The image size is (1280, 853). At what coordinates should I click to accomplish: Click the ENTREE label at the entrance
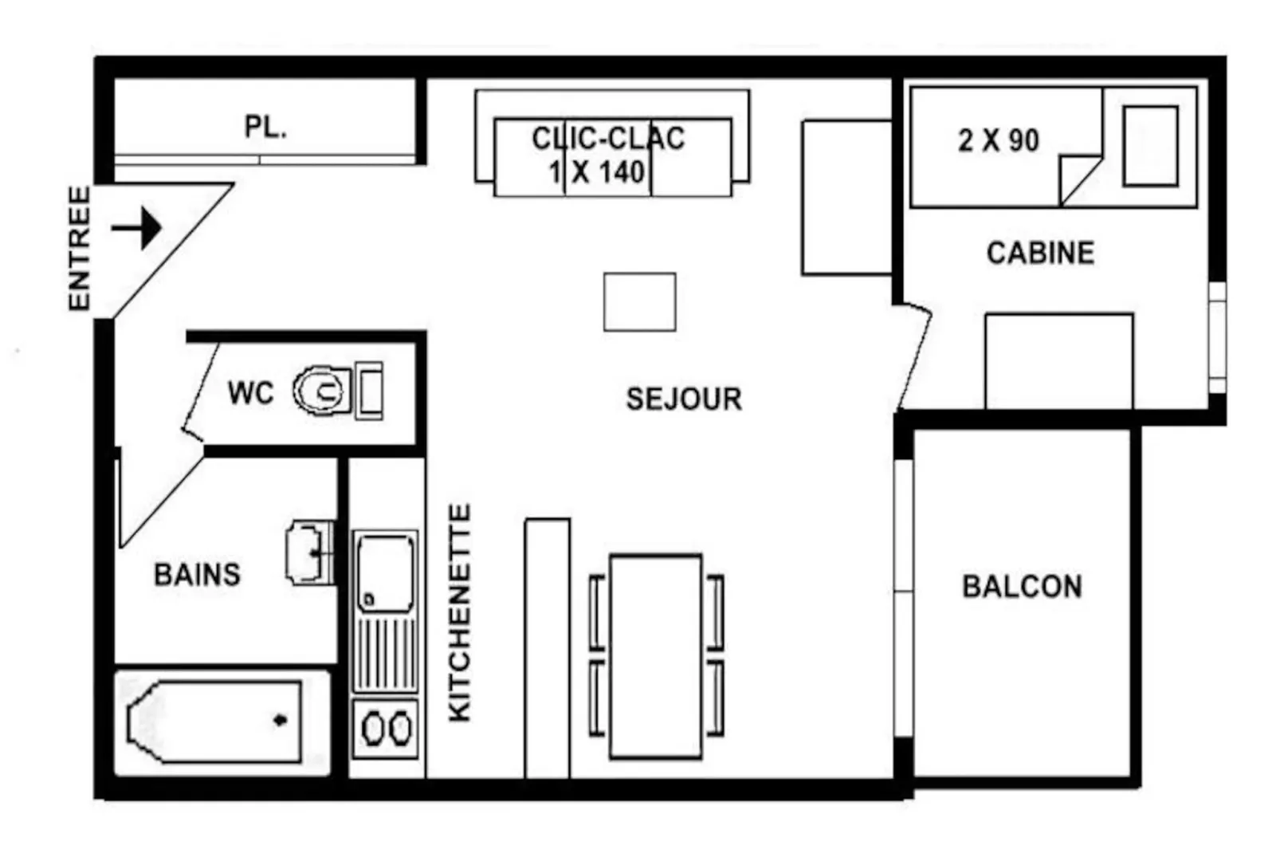(x=80, y=249)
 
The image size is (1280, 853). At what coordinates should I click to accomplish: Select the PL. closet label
(x=265, y=127)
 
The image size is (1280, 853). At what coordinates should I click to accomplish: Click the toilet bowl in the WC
(x=322, y=391)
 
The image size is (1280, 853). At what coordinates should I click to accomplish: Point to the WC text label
(x=251, y=393)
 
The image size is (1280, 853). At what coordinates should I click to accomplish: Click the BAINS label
(x=197, y=575)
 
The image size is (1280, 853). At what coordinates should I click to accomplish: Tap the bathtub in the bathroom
(x=215, y=721)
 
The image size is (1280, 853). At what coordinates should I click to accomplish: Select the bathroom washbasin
(x=310, y=552)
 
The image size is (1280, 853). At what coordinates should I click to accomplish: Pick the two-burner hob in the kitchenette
(x=386, y=729)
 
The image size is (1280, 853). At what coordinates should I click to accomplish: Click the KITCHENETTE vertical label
(x=460, y=613)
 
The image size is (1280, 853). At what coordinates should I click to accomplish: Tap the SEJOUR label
(x=684, y=399)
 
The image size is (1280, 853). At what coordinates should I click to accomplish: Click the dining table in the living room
(x=656, y=656)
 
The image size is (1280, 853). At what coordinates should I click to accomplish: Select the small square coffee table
(x=640, y=302)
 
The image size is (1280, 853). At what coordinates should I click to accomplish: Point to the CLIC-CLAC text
(x=609, y=139)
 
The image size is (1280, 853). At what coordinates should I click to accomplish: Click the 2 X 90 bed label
(x=999, y=140)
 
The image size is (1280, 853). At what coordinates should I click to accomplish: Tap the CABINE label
(x=1041, y=254)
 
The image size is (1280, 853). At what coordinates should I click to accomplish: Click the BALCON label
(x=1023, y=587)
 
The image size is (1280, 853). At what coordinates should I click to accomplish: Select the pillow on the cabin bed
(x=1150, y=147)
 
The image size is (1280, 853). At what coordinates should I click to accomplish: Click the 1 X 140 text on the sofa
(x=597, y=172)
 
